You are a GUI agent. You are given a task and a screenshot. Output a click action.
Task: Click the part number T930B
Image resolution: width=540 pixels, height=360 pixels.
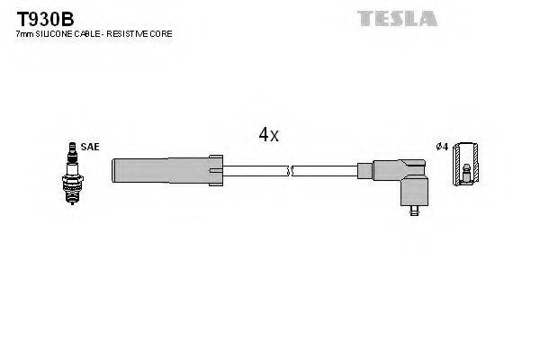(36, 18)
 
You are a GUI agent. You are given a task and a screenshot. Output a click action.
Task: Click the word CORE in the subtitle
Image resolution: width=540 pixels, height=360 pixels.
(161, 34)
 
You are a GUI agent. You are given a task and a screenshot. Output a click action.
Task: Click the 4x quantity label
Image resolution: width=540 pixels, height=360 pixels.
(269, 136)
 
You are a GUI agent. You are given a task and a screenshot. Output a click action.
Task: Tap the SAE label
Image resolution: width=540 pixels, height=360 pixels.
(88, 146)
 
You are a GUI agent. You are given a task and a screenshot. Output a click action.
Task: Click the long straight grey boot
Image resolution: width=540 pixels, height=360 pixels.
(160, 169)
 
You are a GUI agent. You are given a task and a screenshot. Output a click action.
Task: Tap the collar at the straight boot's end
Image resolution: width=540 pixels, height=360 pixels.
(217, 169)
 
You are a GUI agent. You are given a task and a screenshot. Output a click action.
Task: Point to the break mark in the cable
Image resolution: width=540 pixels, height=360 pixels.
(288, 169)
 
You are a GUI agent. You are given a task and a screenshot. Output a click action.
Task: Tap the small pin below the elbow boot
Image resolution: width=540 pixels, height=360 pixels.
(414, 212)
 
